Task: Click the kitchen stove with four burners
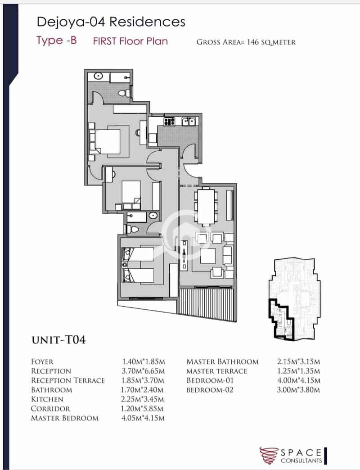pos(169,122)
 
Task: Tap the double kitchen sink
pos(189,122)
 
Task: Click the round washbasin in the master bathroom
pos(99,76)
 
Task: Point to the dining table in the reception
pos(206,207)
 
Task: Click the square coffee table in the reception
pos(208,256)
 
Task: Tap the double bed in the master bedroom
pos(104,141)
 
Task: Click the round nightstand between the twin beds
pos(125,265)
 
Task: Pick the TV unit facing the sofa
pos(184,254)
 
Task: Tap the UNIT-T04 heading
pos(58,340)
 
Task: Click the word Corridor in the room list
pos(50,409)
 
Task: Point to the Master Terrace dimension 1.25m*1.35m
pos(298,371)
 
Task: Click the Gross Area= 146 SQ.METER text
pos(246,42)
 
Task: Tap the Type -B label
pos(57,41)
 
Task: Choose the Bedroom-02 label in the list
pos(210,390)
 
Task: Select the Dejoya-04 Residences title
pos(111,22)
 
